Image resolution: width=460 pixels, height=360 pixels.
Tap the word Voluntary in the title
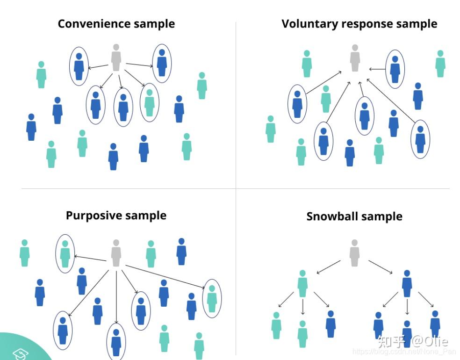point(309,24)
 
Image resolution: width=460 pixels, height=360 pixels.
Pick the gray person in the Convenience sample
point(116,58)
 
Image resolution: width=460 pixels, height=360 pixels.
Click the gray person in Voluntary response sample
point(355,58)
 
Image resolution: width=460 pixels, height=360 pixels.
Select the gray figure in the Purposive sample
point(116,253)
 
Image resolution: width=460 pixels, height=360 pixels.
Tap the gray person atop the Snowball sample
point(354,253)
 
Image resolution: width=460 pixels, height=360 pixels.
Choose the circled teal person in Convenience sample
point(149,103)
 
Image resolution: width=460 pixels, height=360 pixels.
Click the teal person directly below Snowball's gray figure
point(302,284)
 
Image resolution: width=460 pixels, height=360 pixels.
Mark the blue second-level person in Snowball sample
point(407,284)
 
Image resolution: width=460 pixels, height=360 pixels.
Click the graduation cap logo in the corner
point(20,353)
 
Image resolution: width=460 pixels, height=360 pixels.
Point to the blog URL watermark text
point(404,352)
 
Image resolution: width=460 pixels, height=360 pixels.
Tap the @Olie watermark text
point(429,341)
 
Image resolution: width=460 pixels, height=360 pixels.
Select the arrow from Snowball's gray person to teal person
point(329,267)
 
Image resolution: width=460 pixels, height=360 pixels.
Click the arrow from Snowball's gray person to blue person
point(381,267)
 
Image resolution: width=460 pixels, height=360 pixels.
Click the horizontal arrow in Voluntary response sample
point(377,69)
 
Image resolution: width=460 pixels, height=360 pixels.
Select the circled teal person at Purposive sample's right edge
point(212,299)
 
